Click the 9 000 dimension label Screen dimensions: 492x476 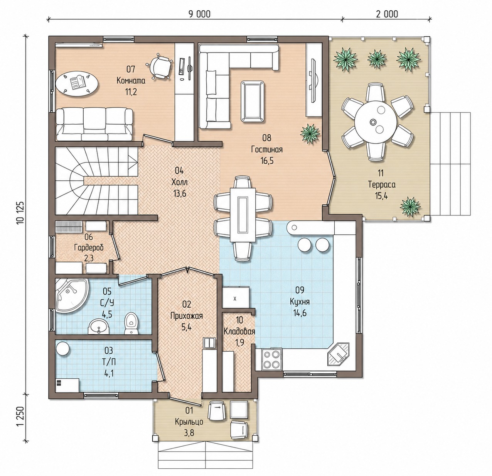(199, 14)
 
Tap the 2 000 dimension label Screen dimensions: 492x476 (387, 14)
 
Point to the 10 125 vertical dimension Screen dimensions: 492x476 (20, 212)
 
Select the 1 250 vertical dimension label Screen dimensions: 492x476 (20, 416)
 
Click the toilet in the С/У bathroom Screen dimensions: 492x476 (131, 324)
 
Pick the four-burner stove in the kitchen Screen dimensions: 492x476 (272, 360)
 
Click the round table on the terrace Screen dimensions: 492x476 (375, 122)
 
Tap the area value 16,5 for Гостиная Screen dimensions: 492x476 (267, 161)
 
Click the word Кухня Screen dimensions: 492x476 (300, 302)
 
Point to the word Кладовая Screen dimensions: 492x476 (239, 332)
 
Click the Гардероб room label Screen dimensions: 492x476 (89, 247)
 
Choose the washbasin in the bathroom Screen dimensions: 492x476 (99, 326)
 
